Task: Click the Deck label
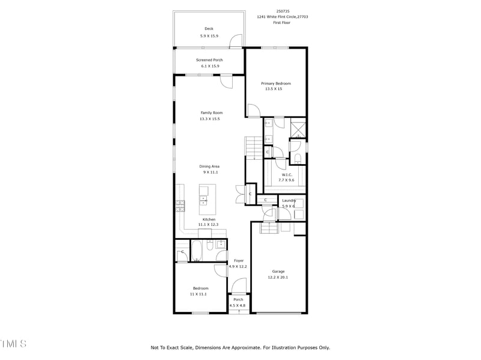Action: click(x=209, y=29)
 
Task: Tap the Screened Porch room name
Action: click(x=210, y=59)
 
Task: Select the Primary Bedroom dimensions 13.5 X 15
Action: click(x=274, y=89)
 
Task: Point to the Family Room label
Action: click(x=212, y=112)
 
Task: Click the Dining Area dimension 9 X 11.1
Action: click(x=210, y=172)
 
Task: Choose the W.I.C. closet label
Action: click(x=287, y=174)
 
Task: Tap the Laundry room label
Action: click(x=289, y=200)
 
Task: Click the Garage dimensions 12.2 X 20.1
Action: click(x=278, y=277)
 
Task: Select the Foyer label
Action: click(x=239, y=260)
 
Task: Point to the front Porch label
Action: click(x=238, y=299)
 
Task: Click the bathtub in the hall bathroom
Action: click(x=196, y=251)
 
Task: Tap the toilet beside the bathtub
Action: click(x=209, y=245)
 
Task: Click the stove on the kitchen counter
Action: click(x=180, y=206)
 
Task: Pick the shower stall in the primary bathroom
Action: click(x=298, y=129)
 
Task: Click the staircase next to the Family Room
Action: click(x=253, y=147)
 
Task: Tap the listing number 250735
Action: click(x=282, y=11)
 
